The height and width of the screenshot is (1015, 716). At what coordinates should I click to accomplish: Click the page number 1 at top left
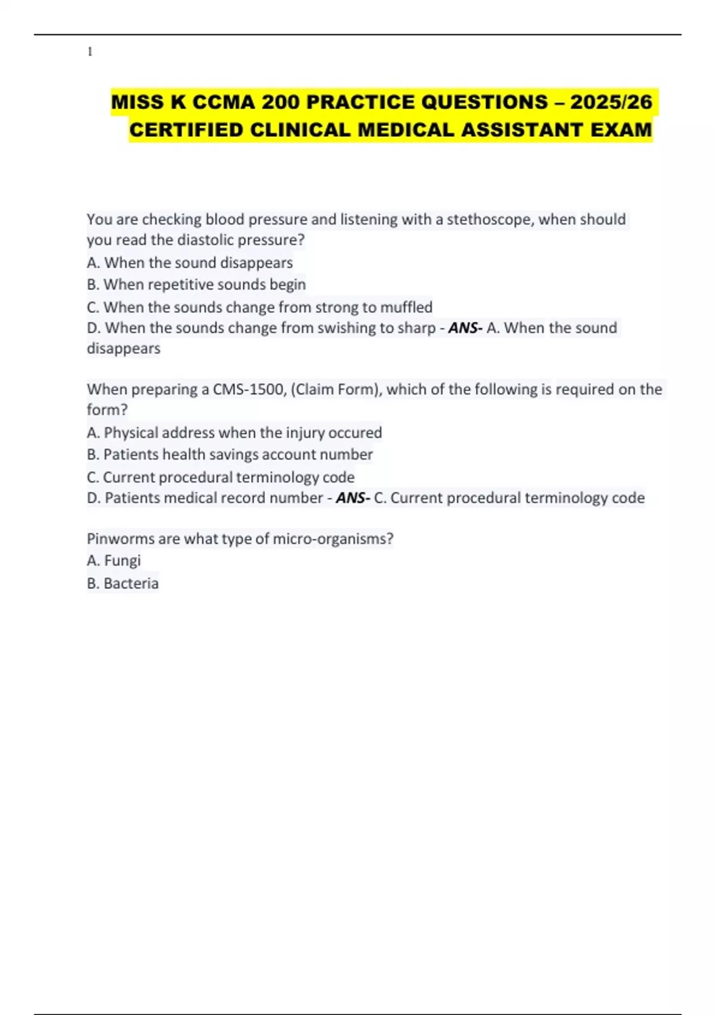tap(90, 52)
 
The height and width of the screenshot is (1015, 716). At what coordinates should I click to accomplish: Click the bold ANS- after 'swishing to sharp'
tap(465, 328)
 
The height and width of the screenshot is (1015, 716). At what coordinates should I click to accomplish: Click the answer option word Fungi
tap(122, 561)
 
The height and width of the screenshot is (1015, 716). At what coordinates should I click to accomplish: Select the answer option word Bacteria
tap(131, 583)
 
